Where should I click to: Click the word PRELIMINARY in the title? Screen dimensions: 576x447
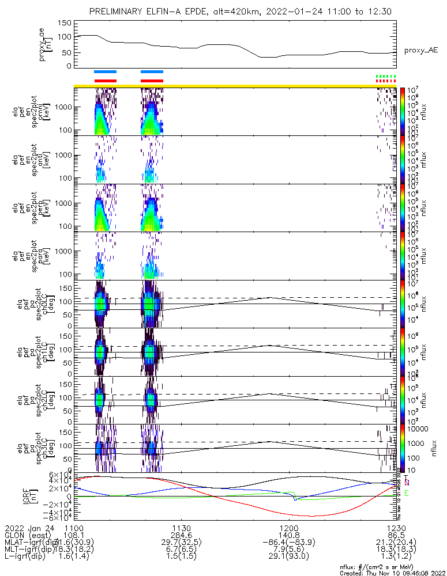[118, 12]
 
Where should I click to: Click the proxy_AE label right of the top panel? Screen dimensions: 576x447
[421, 50]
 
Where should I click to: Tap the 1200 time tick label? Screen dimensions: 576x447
[288, 528]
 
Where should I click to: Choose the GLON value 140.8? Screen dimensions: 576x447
[288, 535]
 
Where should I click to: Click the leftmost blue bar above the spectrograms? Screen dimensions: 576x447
[105, 72]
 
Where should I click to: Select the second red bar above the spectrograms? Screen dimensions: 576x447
[152, 81]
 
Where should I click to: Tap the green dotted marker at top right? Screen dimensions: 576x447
[385, 76]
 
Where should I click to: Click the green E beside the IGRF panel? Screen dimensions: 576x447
[407, 494]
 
